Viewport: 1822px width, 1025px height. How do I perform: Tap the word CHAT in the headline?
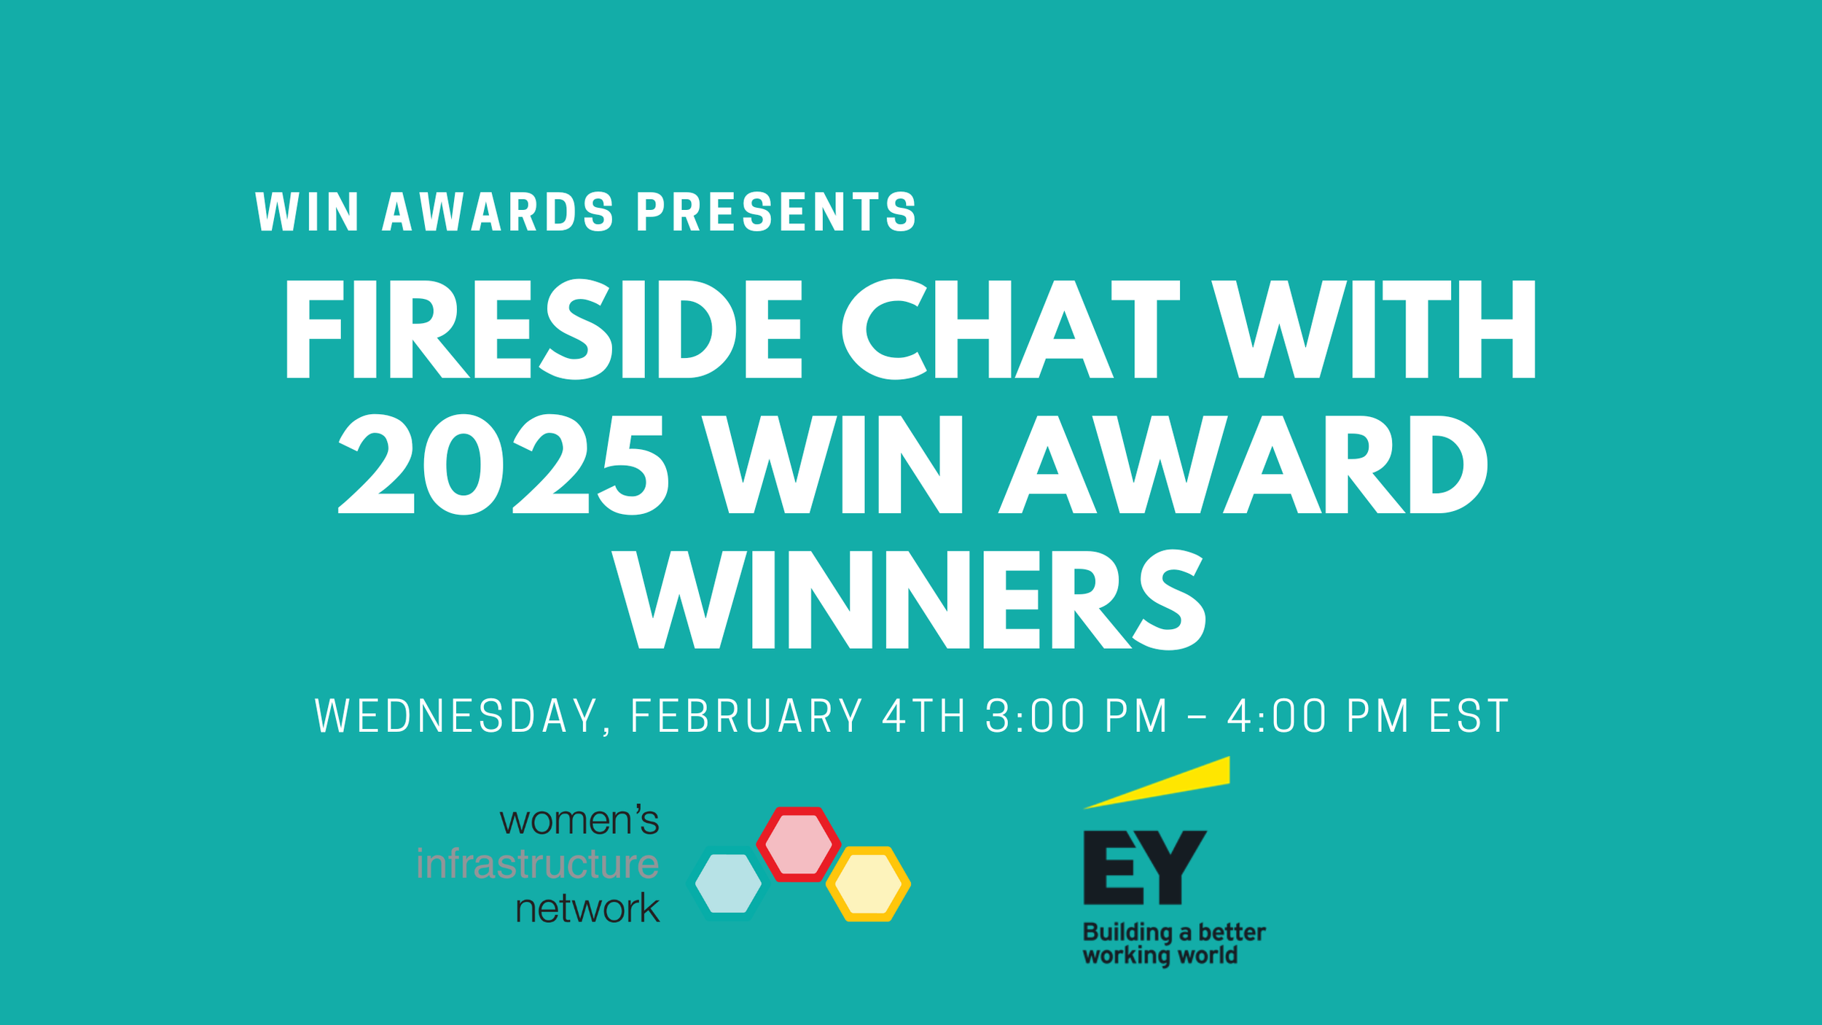click(x=1010, y=330)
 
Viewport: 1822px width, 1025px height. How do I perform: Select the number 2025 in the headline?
click(x=503, y=464)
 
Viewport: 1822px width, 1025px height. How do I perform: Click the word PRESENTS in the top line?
click(x=776, y=212)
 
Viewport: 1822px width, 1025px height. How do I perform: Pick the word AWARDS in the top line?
click(x=498, y=212)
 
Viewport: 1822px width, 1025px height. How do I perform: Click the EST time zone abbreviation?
click(x=1468, y=717)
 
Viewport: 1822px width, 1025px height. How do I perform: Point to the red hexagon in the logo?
click(x=798, y=843)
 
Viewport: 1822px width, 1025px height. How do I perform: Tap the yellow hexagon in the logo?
click(x=868, y=884)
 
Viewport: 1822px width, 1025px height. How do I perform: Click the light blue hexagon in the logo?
click(x=728, y=884)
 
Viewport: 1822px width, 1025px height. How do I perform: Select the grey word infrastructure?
click(x=537, y=865)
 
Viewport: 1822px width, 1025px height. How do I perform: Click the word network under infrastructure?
click(x=587, y=909)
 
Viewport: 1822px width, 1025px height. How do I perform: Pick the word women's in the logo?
click(x=579, y=821)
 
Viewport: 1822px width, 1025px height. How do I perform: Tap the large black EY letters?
click(x=1144, y=868)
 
